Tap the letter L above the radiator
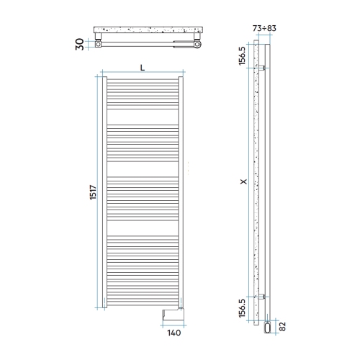(143, 67)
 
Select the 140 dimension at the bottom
(173, 333)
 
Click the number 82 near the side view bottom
(282, 326)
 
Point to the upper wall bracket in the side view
(265, 68)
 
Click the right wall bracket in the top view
(193, 38)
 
